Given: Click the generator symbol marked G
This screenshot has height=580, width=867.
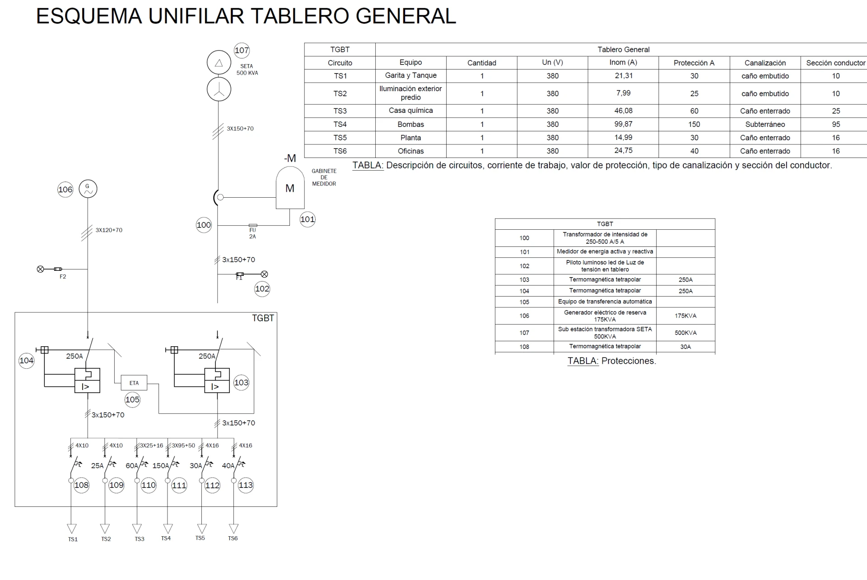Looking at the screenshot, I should pyautogui.click(x=88, y=189).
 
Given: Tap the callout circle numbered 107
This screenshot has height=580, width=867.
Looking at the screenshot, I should pyautogui.click(x=242, y=50).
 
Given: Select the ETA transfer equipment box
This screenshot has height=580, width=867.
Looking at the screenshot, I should pyautogui.click(x=134, y=383).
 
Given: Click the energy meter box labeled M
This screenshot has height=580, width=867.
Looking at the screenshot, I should pyautogui.click(x=290, y=188).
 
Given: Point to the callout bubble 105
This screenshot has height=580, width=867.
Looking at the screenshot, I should pyautogui.click(x=132, y=399).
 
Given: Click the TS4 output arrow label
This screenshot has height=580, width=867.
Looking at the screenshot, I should pyautogui.click(x=166, y=538).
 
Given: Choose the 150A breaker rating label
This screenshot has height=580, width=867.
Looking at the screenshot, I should pyautogui.click(x=161, y=465).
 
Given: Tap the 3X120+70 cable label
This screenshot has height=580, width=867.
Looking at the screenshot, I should pyautogui.click(x=109, y=230).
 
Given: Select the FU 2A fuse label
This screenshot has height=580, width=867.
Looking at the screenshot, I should pyautogui.click(x=252, y=233).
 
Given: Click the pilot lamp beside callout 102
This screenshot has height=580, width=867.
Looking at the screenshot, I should pyautogui.click(x=265, y=274).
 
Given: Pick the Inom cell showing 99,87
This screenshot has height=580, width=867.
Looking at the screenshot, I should pyautogui.click(x=623, y=124).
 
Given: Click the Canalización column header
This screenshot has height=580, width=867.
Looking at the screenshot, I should pyautogui.click(x=765, y=63).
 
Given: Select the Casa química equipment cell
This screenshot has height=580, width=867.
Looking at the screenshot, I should pyautogui.click(x=410, y=111).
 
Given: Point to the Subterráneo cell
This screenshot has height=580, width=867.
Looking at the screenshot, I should pyautogui.click(x=765, y=124).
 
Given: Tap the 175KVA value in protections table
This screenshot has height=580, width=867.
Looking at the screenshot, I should pyautogui.click(x=685, y=316).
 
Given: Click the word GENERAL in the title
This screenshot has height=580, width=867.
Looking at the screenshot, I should pyautogui.click(x=406, y=16).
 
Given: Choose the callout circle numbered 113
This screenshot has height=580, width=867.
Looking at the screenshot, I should pyautogui.click(x=246, y=485).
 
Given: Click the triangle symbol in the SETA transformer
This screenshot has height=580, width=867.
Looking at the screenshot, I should pyautogui.click(x=219, y=63).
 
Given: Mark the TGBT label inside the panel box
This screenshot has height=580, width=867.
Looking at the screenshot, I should pyautogui.click(x=263, y=318).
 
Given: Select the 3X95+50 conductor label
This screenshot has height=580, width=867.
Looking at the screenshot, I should pyautogui.click(x=183, y=445).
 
